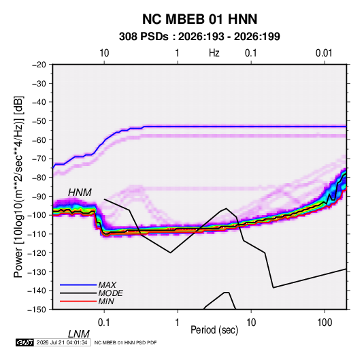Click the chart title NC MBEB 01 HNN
coord(199,19)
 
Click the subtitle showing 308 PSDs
coord(199,37)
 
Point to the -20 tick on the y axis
coord(39,65)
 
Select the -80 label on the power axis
coord(39,178)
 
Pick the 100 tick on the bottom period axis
coord(325,323)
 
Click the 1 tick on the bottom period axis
coord(178,323)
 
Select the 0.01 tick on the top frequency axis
coord(324,53)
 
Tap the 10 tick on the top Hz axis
coord(104,53)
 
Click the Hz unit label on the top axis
coord(214,53)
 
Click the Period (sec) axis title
coord(214,330)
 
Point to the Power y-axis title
coord(18,186)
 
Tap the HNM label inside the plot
coord(80,193)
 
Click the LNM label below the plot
coord(78,334)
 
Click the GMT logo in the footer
coord(24,342)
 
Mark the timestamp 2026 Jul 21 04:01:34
coord(62,342)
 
